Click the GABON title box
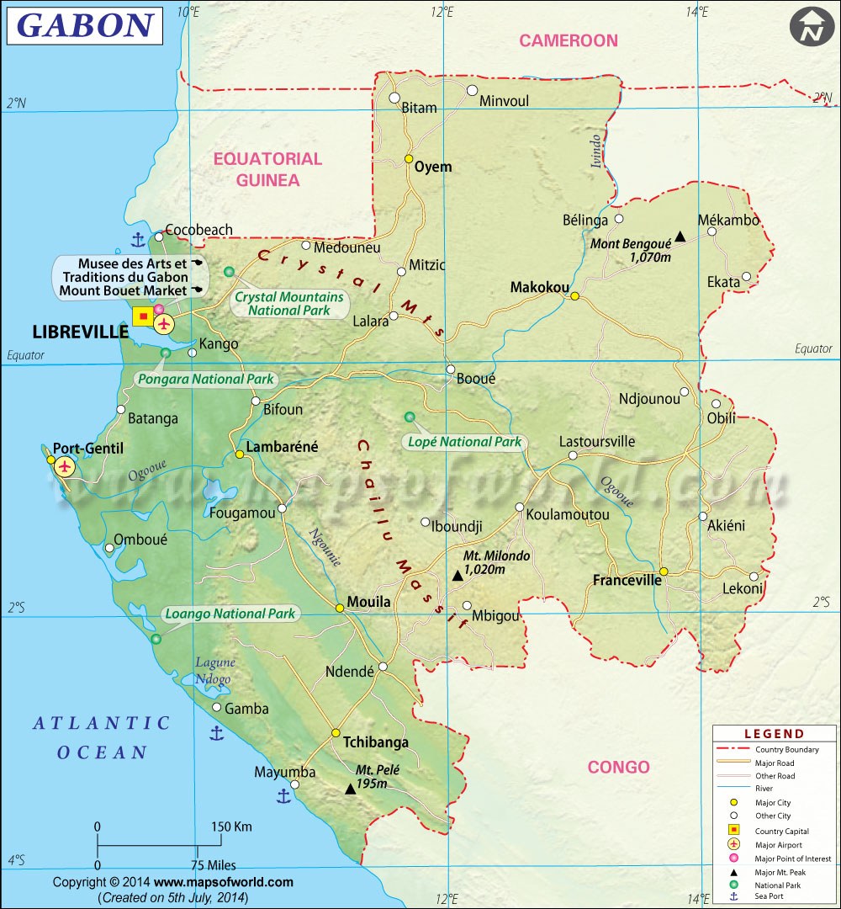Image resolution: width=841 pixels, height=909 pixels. (x=84, y=25)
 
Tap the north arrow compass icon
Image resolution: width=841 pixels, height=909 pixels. (x=811, y=28)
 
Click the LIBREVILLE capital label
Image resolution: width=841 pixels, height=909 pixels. (x=81, y=332)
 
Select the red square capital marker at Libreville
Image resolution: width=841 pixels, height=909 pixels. (x=143, y=316)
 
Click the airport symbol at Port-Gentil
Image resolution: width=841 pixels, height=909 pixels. (x=65, y=466)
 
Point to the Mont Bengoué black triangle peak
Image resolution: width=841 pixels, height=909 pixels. (x=680, y=238)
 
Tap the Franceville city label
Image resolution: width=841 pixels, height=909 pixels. (x=627, y=580)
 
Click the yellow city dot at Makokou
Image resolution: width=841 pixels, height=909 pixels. (x=575, y=295)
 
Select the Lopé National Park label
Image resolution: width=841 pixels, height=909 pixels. (x=463, y=442)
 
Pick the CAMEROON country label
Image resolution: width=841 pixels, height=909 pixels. (x=568, y=40)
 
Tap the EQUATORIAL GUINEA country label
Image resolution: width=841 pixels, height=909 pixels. (x=267, y=169)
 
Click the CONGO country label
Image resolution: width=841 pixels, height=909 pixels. (x=618, y=767)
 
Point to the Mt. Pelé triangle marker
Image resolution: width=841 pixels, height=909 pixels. (x=350, y=789)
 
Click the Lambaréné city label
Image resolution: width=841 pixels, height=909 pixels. (x=282, y=447)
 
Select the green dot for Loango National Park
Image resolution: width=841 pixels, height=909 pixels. (x=156, y=640)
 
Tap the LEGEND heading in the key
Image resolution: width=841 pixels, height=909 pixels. (x=774, y=734)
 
